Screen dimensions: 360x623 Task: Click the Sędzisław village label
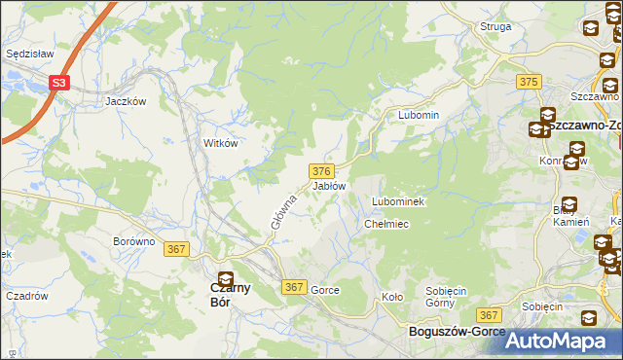[x=28, y=54]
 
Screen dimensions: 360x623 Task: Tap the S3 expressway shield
[x=59, y=84]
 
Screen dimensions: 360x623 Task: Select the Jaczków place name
[x=126, y=100]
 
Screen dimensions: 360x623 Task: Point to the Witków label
[x=220, y=142]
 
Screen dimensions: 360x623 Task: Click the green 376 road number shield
[x=325, y=170]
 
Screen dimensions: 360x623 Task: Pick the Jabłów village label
[x=329, y=185]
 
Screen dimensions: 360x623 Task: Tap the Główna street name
[x=282, y=211]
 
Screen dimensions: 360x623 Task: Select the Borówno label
[x=134, y=240]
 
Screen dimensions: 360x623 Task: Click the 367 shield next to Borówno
[x=177, y=249]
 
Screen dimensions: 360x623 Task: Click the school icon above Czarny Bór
[x=226, y=279]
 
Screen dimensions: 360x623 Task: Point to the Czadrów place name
[x=27, y=296]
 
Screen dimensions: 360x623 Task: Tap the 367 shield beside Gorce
[x=295, y=288]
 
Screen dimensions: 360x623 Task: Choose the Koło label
[x=392, y=297]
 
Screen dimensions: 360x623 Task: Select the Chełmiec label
[x=385, y=224]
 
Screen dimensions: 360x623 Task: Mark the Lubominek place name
[x=395, y=201]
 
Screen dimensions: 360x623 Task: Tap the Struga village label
[x=495, y=26]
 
